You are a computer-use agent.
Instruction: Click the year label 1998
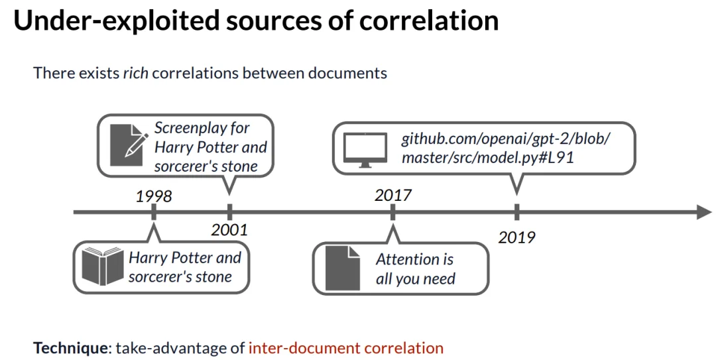(154, 196)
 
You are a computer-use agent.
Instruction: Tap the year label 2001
(229, 230)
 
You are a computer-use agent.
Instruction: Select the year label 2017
(393, 196)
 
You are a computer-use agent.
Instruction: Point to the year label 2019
(516, 237)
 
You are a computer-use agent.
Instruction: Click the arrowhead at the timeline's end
(704, 212)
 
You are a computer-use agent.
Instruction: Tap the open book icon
(103, 267)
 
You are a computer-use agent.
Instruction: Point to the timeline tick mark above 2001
(229, 212)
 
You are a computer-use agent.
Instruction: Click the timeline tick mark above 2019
(516, 212)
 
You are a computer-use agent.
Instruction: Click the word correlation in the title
(429, 21)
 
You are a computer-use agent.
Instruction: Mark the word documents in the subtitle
(348, 72)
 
